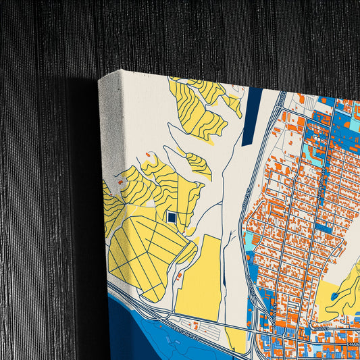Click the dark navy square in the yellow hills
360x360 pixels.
point(172,217)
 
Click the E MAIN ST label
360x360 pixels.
point(351,345)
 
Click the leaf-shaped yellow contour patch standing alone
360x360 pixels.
point(199,163)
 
